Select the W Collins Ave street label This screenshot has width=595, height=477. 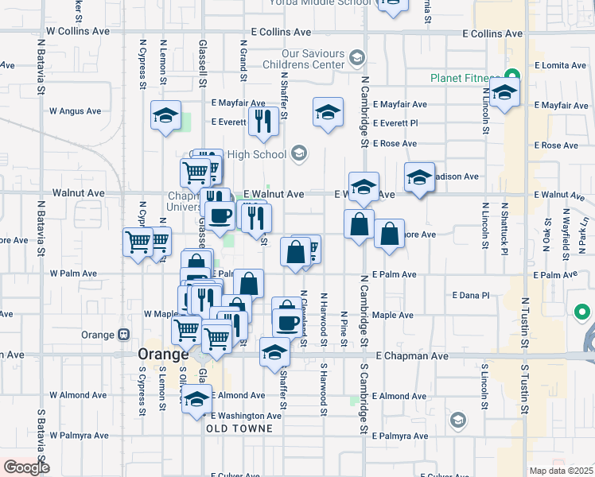[78, 31]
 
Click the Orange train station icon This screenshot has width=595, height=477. [123, 335]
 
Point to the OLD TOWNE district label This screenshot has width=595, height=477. [239, 429]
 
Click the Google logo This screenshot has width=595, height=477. [26, 467]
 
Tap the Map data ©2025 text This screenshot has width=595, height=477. [560, 471]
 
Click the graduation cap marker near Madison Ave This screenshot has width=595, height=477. [418, 177]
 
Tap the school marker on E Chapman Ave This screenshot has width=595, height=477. [274, 351]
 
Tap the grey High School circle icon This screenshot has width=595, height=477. [300, 153]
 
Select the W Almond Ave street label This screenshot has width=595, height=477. [78, 395]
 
